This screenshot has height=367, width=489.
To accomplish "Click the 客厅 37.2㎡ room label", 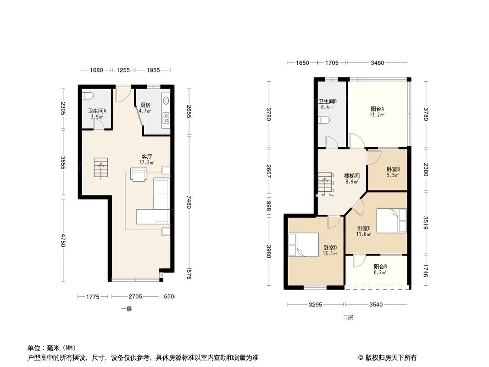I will tap(147, 159).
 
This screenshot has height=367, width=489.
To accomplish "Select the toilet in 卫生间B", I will tap(324, 121).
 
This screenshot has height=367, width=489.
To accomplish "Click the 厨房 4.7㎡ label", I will tap(145, 107).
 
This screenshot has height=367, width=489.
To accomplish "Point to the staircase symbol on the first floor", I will tap(100, 168).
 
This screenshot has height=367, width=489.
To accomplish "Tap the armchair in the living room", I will tap(139, 174).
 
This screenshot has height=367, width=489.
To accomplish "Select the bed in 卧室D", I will tap(303, 244).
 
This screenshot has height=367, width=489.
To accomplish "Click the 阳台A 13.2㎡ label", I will tap(378, 111).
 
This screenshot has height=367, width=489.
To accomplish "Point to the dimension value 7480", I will tap(189, 206).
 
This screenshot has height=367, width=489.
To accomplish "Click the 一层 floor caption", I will tap(126, 309).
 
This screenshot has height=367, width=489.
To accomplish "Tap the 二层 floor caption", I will tap(348, 317).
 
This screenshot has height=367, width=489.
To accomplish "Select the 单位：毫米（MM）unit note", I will tap(52, 348).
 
